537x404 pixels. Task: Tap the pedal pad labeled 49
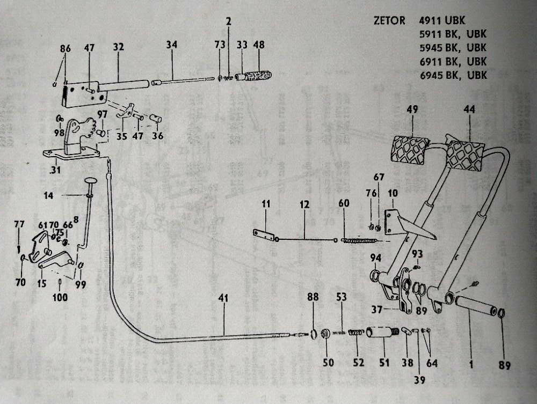(x=411, y=150)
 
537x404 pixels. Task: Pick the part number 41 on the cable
(x=223, y=298)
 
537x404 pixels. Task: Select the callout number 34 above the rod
(x=171, y=47)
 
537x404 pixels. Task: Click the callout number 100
(x=60, y=296)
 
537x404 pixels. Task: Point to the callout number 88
(x=314, y=297)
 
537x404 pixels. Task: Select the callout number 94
(x=375, y=259)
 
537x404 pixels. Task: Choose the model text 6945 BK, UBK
(x=453, y=75)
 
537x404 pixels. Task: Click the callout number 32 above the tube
(x=118, y=47)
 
